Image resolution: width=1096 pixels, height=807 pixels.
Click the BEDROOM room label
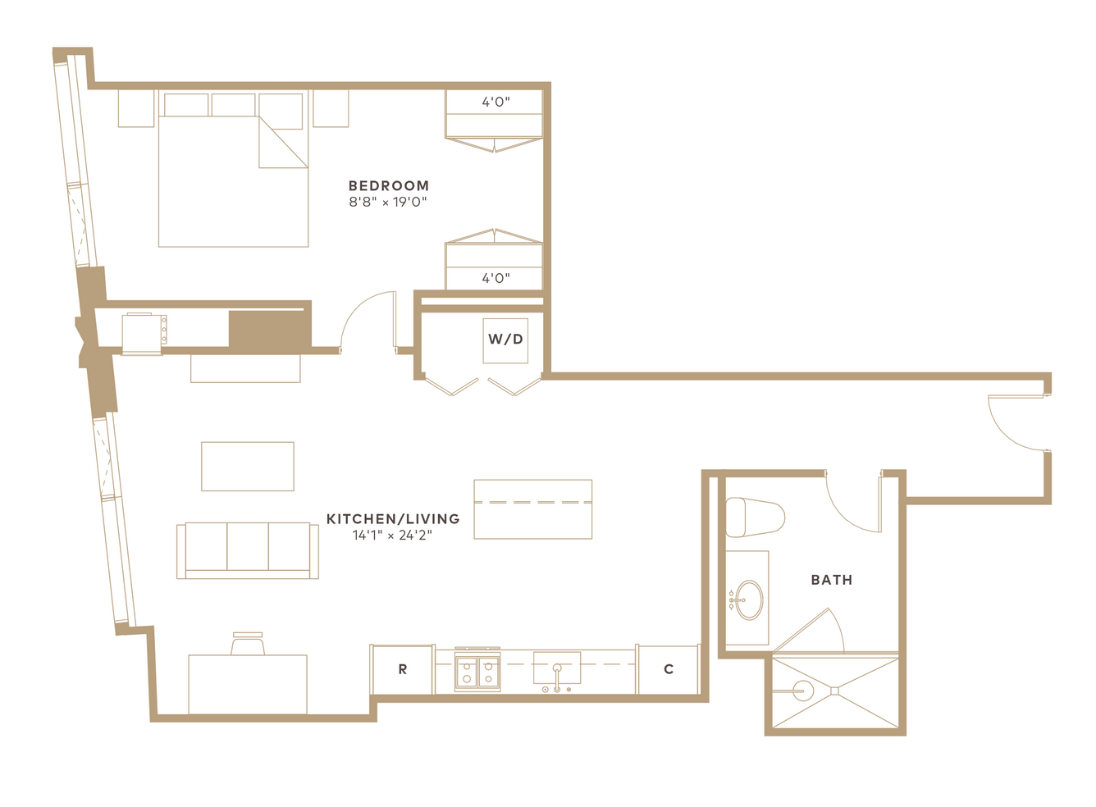[x=389, y=186]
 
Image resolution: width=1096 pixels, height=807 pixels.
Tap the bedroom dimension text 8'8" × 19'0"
[x=388, y=202]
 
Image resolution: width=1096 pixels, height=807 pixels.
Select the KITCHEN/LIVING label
[x=393, y=519]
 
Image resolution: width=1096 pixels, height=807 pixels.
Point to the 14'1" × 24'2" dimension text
[x=392, y=535]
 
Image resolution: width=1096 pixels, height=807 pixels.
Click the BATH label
[x=832, y=580]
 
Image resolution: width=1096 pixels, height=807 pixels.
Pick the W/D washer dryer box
[x=505, y=341]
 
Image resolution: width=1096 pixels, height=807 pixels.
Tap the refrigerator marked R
[x=403, y=669]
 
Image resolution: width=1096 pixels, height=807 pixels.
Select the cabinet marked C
[x=669, y=669]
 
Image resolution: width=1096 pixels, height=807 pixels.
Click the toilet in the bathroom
[x=755, y=517]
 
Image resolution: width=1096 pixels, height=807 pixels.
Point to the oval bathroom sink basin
[x=750, y=600]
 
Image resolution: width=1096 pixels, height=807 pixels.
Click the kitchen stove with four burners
[x=477, y=669]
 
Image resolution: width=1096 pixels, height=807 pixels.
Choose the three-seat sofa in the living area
[x=248, y=551]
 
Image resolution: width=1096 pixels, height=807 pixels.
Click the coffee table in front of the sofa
[x=248, y=466]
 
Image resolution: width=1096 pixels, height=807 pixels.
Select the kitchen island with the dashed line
[x=533, y=509]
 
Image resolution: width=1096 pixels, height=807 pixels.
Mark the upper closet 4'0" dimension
[x=495, y=102]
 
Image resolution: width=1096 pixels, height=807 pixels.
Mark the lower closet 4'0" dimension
[x=495, y=278]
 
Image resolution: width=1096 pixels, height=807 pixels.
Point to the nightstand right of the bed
[x=331, y=108]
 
